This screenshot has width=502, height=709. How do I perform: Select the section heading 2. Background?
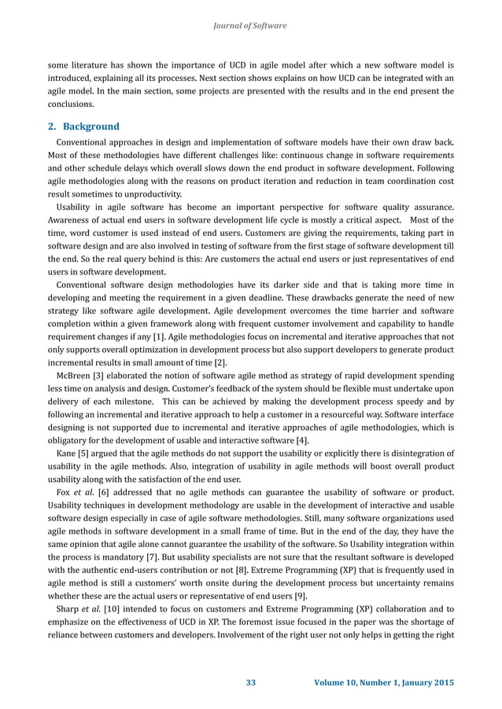click(83, 127)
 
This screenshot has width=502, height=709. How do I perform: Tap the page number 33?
click(251, 681)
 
